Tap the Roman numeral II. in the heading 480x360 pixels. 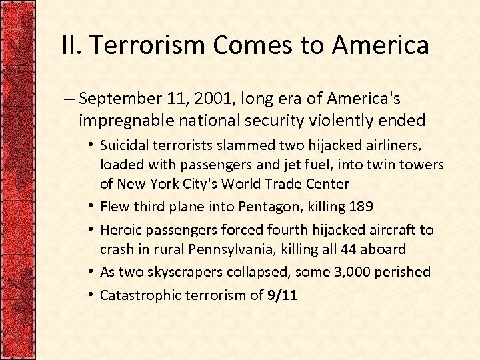click(71, 45)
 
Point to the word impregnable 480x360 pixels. click(124, 120)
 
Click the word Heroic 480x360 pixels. click(119, 230)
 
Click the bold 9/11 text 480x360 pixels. click(282, 294)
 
